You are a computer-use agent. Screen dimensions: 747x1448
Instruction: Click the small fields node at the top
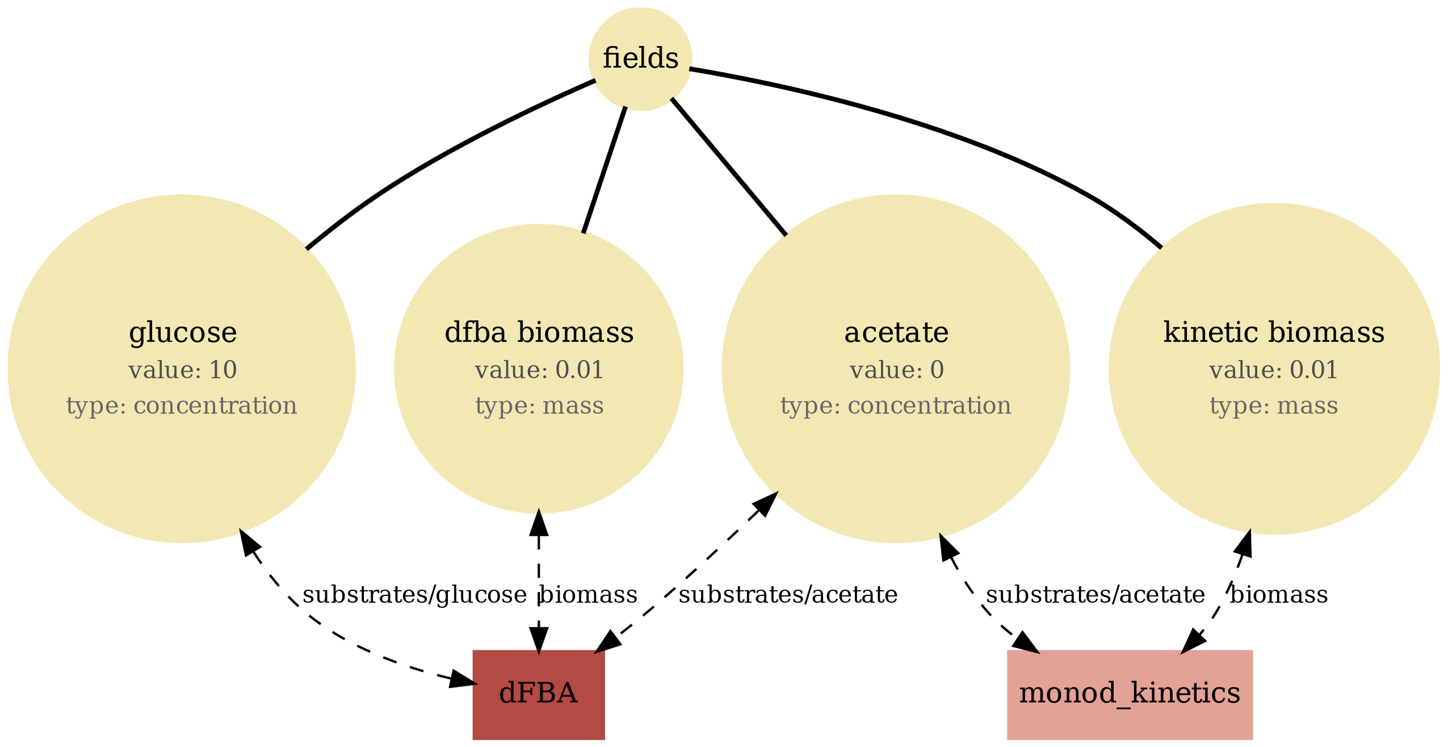click(x=640, y=59)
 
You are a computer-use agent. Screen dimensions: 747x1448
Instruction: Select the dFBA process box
click(x=538, y=694)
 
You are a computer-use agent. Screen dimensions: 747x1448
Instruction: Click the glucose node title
click(x=182, y=332)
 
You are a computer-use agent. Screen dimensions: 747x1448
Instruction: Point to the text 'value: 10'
click(x=182, y=370)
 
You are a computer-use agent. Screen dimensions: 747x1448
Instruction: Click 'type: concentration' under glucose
click(x=182, y=406)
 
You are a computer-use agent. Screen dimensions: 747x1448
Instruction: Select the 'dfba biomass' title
click(x=539, y=332)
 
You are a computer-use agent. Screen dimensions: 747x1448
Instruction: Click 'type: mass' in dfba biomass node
click(x=539, y=406)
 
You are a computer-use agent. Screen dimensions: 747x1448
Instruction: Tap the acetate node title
click(x=896, y=332)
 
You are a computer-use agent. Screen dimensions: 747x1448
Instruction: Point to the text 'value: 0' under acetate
click(x=896, y=370)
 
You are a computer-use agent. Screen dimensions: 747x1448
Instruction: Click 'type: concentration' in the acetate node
click(x=896, y=406)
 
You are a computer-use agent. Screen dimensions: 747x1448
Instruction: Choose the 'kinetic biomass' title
click(x=1273, y=332)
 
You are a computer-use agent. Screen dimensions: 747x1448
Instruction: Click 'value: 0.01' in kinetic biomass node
click(x=1273, y=370)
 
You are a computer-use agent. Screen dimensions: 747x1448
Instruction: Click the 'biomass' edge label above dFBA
click(x=588, y=595)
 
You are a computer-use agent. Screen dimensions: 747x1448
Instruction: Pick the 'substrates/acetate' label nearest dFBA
click(x=788, y=595)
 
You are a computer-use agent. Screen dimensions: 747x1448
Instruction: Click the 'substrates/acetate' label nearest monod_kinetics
click(x=1095, y=595)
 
